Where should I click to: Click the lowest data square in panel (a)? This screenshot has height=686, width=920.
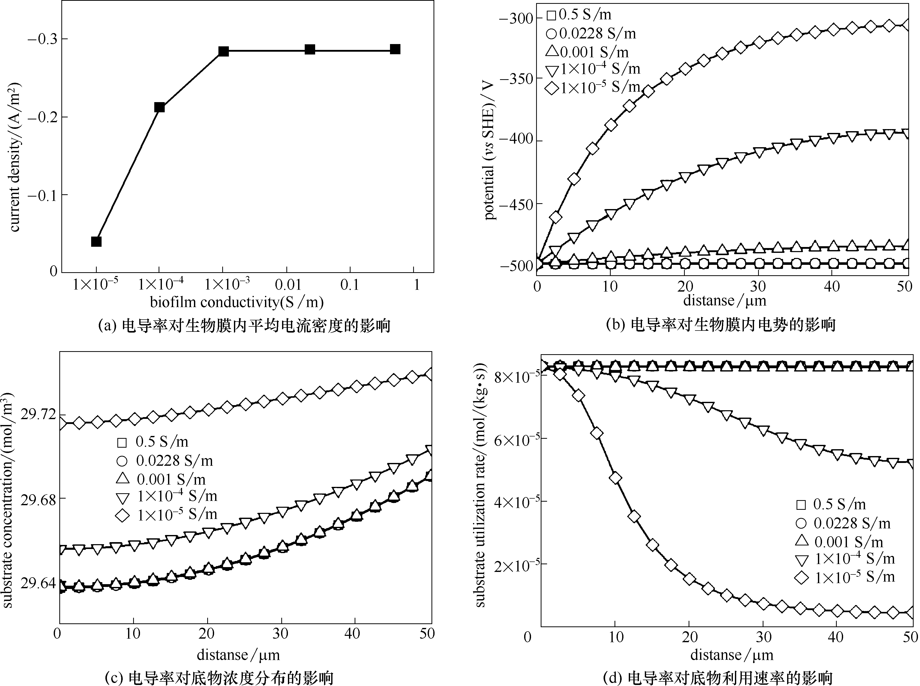pos(96,241)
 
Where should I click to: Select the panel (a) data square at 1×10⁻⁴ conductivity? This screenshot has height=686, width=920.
pos(159,107)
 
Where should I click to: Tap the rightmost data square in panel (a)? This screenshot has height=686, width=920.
pos(395,49)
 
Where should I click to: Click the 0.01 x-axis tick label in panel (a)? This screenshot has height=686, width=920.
pos(288,285)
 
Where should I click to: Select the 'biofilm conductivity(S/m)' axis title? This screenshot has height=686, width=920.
pos(237,302)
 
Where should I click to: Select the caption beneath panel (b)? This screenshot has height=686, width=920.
pos(721,325)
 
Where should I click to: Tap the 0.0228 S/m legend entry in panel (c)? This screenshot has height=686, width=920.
pos(165,461)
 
